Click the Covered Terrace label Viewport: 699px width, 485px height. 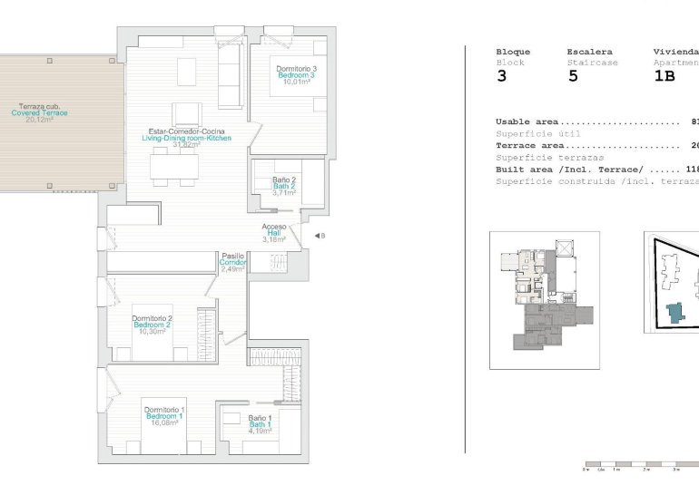pos(39,112)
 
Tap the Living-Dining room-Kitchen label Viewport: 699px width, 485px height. pos(186,138)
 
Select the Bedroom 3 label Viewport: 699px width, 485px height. pos(297,75)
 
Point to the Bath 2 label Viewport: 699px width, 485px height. pos(285,186)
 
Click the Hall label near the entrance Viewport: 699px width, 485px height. pos(274,233)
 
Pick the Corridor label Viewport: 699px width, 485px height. pos(232,263)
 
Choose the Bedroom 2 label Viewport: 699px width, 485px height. pos(153,325)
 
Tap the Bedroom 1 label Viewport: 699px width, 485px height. pos(164,416)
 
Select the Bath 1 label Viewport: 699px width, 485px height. pos(261,424)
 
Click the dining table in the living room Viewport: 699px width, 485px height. pos(176,166)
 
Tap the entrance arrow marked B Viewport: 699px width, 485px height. pos(319,236)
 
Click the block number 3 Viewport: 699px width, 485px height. pos(501,77)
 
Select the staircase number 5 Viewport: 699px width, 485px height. pos(573,77)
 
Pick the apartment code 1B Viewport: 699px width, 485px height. pos(665,77)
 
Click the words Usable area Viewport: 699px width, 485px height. pos(527,121)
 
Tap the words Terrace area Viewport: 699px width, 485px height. pos(529,145)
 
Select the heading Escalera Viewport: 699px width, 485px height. pos(589,52)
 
